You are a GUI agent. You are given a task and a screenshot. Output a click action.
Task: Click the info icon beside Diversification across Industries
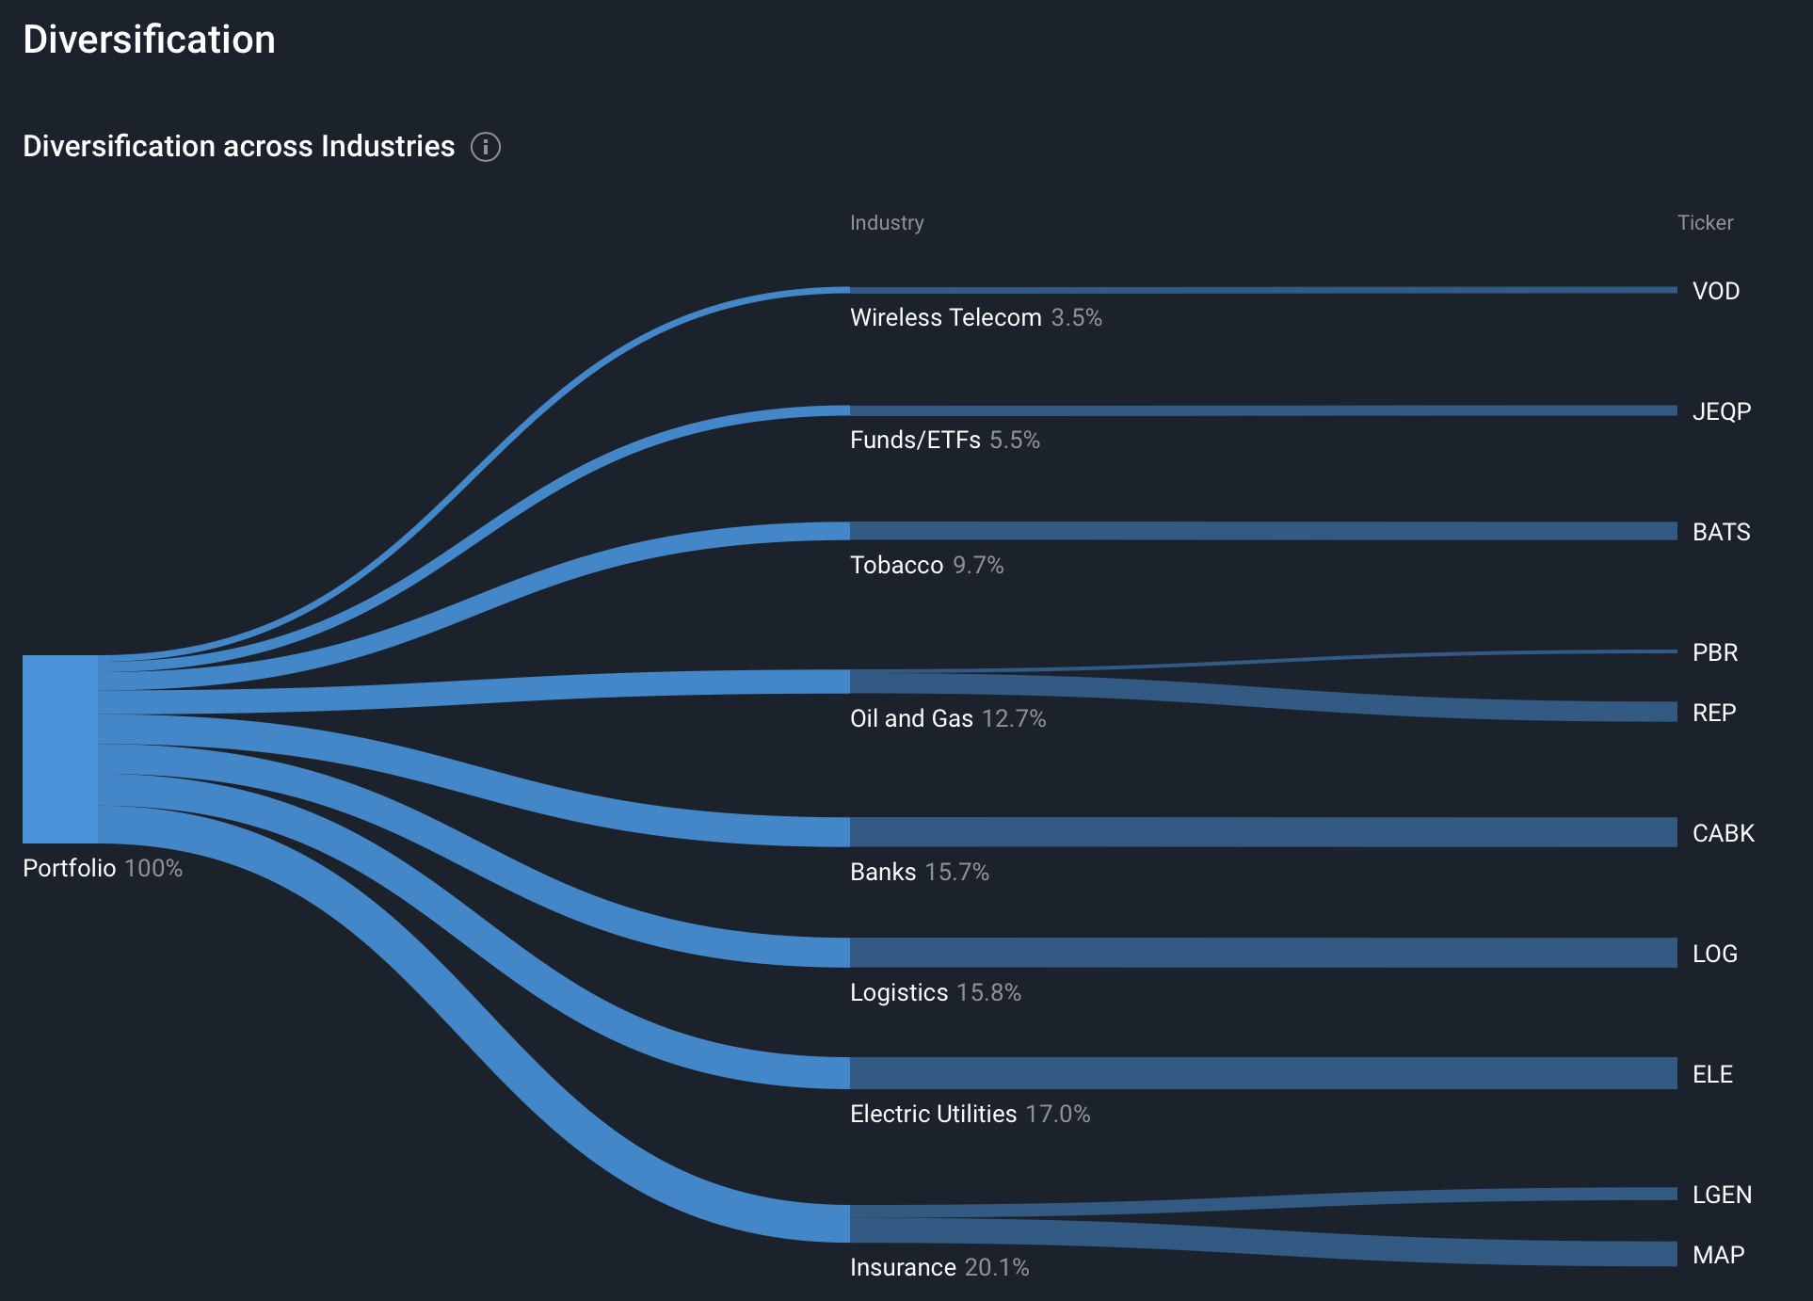pyautogui.click(x=485, y=147)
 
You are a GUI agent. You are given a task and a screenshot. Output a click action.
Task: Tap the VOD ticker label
pyautogui.click(x=1715, y=291)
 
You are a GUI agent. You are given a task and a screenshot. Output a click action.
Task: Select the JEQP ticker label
pyautogui.click(x=1721, y=411)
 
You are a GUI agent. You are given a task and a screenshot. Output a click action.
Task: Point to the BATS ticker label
pyautogui.click(x=1721, y=532)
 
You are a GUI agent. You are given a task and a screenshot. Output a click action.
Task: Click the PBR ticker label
pyautogui.click(x=1714, y=652)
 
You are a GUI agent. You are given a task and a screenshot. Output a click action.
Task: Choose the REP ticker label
pyautogui.click(x=1713, y=713)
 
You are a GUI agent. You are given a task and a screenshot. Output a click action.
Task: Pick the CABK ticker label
pyautogui.click(x=1723, y=833)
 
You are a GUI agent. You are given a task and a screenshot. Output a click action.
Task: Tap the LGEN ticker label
pyautogui.click(x=1722, y=1195)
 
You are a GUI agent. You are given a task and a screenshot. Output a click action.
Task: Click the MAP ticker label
pyautogui.click(x=1718, y=1255)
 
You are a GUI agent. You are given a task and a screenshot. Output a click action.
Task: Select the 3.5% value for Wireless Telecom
pyautogui.click(x=1076, y=317)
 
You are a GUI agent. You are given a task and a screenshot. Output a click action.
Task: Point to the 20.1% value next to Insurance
pyautogui.click(x=996, y=1267)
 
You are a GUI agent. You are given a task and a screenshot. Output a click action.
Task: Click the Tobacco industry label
pyautogui.click(x=896, y=565)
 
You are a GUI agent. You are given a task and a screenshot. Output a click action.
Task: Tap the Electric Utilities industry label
pyautogui.click(x=933, y=1114)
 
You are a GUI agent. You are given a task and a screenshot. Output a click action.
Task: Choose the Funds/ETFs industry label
pyautogui.click(x=915, y=440)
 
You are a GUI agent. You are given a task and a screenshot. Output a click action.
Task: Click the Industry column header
pyautogui.click(x=887, y=223)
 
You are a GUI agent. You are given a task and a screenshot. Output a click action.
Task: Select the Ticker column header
pyautogui.click(x=1705, y=223)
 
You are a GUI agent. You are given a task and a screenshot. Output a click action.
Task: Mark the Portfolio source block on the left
pyautogui.click(x=60, y=748)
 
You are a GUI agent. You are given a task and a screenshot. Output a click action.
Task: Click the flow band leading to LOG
pyautogui.click(x=1261, y=953)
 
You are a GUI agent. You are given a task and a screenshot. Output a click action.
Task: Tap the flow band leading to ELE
pyautogui.click(x=1261, y=1073)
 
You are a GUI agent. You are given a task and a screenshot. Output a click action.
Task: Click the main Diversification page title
pyautogui.click(x=149, y=40)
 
